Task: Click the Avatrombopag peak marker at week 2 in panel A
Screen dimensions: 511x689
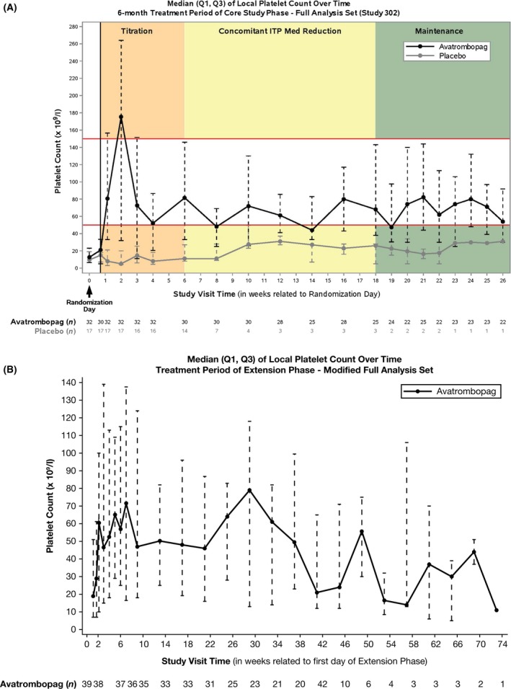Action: tap(121, 117)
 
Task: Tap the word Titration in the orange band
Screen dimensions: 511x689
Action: tap(137, 31)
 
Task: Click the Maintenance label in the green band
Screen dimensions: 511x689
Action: tap(439, 31)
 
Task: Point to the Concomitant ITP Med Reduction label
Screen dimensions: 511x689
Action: tap(280, 31)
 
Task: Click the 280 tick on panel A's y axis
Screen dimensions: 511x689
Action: tap(74, 27)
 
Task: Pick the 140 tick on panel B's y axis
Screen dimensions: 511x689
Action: tap(70, 382)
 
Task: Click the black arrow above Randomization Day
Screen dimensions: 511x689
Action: tap(89, 291)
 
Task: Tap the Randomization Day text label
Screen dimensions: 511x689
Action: tap(89, 306)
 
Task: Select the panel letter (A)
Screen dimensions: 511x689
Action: tap(9, 7)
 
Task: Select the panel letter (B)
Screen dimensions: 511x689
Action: tap(9, 370)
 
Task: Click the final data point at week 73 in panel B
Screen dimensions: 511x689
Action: tap(496, 610)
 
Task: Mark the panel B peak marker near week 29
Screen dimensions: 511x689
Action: tap(249, 490)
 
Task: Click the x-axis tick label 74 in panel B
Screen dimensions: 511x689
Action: tap(503, 644)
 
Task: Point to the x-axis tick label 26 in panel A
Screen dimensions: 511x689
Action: tap(503, 280)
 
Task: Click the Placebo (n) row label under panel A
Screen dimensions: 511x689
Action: tap(55, 331)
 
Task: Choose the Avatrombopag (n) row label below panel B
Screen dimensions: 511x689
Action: tap(39, 684)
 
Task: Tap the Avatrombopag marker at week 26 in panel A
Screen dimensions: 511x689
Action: tap(503, 221)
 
